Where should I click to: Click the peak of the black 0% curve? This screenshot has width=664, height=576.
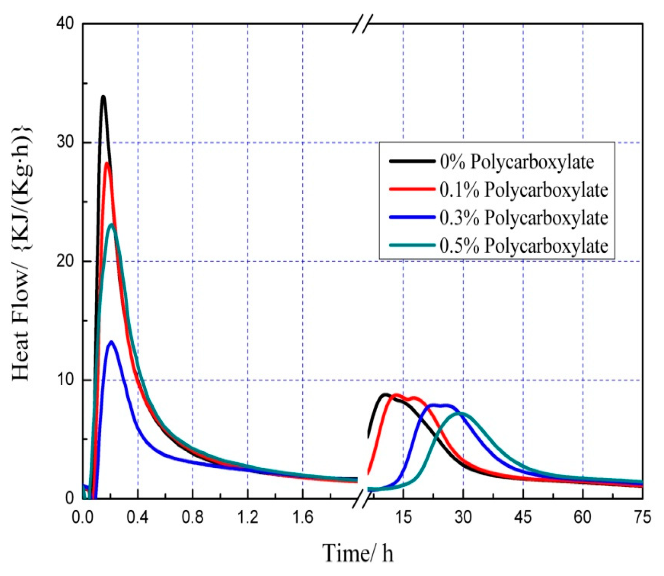[103, 96]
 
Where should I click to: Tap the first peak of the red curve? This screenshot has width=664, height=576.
[107, 163]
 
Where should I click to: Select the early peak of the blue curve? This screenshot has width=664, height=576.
[111, 342]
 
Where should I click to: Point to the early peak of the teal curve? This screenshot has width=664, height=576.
[112, 225]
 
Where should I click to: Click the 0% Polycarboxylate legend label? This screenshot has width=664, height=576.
[517, 162]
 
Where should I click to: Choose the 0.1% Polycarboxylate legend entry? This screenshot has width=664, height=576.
[523, 190]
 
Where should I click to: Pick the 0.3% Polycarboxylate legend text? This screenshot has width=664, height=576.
[523, 218]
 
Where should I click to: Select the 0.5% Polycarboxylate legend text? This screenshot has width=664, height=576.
[523, 246]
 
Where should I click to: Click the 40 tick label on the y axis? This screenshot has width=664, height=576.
[64, 23]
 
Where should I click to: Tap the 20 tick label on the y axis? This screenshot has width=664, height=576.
[64, 261]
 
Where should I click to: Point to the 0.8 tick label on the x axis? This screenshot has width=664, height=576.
[192, 517]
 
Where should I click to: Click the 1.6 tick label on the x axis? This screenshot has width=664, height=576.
[302, 517]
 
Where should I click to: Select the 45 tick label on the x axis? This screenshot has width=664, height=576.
[523, 517]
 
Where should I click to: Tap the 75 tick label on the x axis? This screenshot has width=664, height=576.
[642, 517]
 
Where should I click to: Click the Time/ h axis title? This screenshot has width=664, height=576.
[358, 553]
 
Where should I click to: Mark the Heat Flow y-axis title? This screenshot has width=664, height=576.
[21, 253]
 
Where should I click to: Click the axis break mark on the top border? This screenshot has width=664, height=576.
[363, 24]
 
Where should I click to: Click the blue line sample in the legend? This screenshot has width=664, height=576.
[412, 217]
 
